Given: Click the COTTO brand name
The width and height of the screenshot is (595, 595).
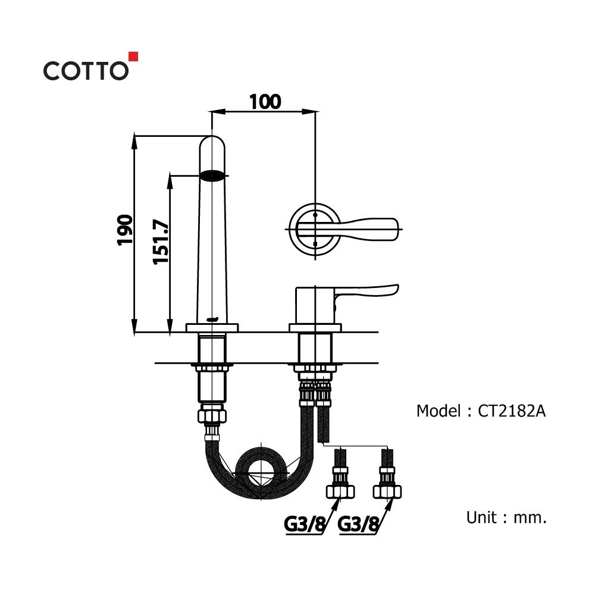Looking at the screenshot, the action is click(86, 71).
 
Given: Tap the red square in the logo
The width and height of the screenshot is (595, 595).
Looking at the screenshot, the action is click(133, 56).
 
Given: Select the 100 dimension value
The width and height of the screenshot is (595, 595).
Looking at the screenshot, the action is click(265, 102).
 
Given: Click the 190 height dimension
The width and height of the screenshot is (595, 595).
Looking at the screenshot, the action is click(125, 230).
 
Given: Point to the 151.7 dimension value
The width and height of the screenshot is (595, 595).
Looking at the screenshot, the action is click(161, 242).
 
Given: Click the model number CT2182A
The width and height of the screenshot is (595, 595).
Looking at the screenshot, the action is click(512, 411).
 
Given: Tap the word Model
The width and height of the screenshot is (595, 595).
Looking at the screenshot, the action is click(439, 411).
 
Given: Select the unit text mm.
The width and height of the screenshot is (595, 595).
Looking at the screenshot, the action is click(530, 518).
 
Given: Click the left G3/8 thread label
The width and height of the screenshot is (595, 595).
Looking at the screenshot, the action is click(305, 524).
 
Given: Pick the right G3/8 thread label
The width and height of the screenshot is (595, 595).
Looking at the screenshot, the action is click(358, 524).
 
